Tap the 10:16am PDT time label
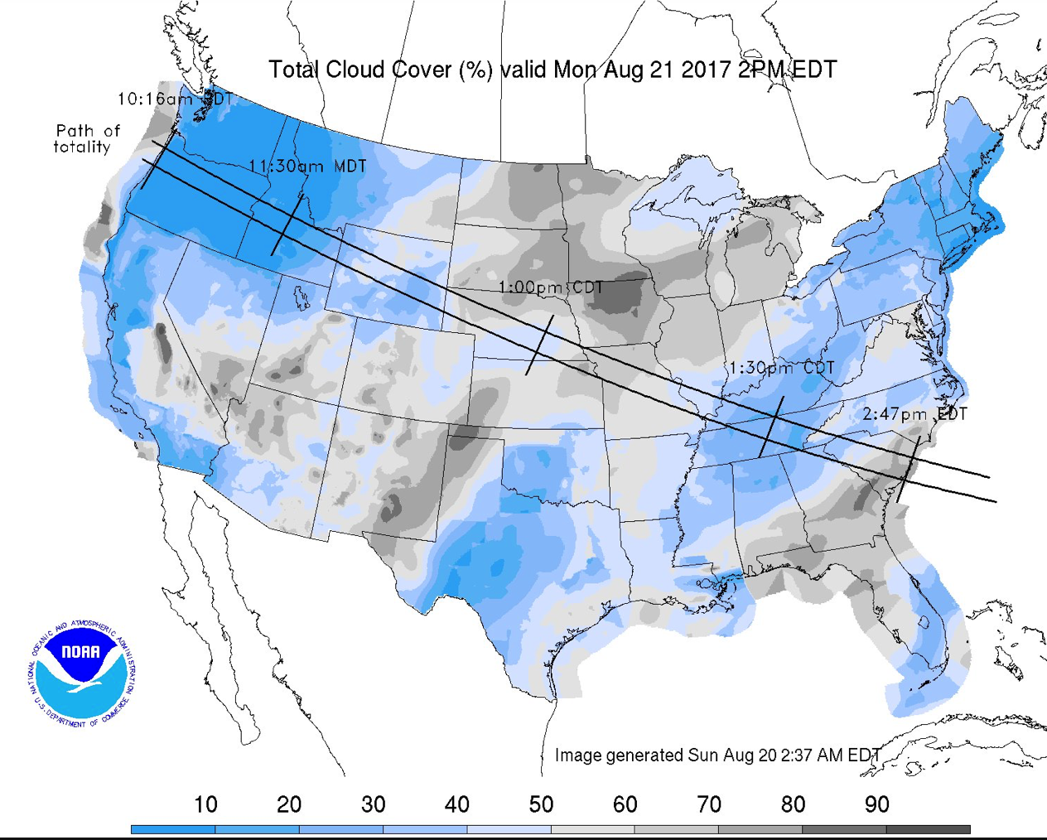tap(175, 99)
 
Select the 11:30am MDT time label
tap(307, 166)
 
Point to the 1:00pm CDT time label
tap(550, 287)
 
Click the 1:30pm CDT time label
tap(781, 368)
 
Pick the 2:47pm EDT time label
tap(914, 413)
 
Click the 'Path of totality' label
tap(86, 138)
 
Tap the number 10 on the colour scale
tap(205, 804)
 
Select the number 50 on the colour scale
tap(541, 804)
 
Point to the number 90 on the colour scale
tap(877, 804)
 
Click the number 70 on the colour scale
tap(709, 804)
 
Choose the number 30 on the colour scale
tap(374, 804)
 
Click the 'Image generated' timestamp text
tap(717, 755)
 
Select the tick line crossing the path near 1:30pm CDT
tap(771, 427)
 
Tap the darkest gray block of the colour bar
tap(928, 828)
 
